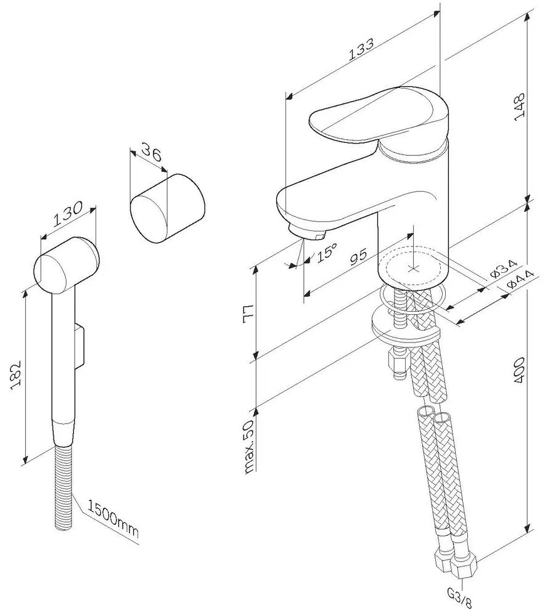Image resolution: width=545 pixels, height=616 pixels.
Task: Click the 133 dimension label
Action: (362, 49)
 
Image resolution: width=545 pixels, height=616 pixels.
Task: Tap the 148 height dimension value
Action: (520, 105)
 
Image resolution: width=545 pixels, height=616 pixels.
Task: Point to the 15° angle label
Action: (326, 252)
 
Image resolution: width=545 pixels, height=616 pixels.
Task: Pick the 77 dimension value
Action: (248, 314)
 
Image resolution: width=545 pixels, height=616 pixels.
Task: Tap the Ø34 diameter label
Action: (504, 270)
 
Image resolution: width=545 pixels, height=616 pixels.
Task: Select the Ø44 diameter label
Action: (520, 279)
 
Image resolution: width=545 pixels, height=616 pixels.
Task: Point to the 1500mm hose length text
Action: (112, 519)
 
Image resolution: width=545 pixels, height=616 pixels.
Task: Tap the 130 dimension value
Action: (68, 214)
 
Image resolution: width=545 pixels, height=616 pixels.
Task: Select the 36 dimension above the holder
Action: (151, 152)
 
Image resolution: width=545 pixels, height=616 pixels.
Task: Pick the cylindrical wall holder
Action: (168, 209)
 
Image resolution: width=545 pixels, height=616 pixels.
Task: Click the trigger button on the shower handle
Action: (80, 346)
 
